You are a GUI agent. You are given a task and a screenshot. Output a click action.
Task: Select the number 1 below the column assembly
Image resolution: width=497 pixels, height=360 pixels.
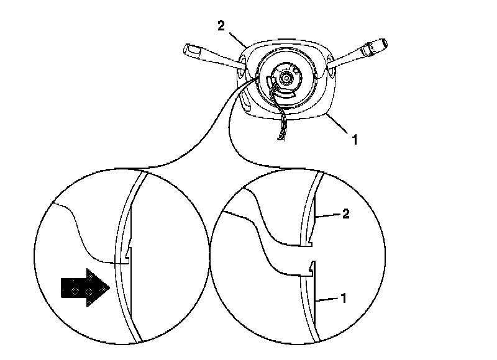pos(355,140)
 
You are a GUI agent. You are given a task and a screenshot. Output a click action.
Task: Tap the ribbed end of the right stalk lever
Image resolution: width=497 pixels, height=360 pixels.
pos(376,45)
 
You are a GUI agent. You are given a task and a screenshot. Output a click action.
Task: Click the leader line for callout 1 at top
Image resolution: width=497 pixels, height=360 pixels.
pos(339,127)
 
